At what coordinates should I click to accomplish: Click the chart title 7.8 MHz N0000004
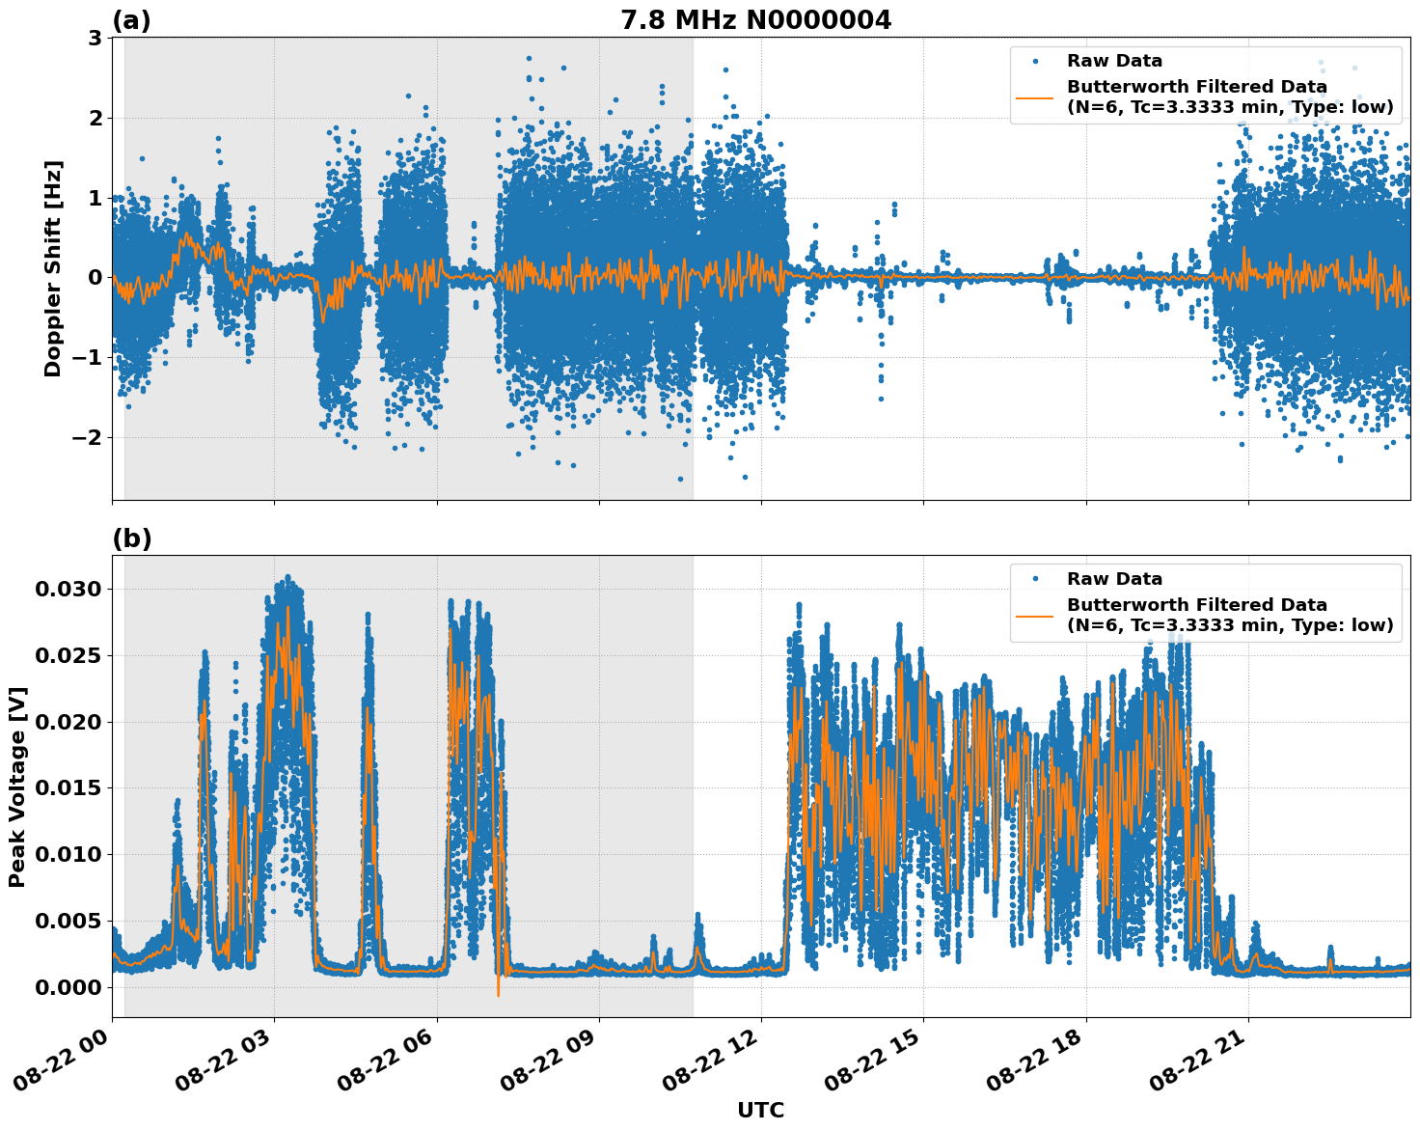pos(755,20)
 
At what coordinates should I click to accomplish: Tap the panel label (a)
pos(131,20)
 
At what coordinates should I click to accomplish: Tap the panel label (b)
pos(131,538)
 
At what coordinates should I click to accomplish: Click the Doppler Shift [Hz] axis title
pos(53,268)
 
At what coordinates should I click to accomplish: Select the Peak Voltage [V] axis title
pos(17,786)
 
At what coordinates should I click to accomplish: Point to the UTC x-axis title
pos(760,1110)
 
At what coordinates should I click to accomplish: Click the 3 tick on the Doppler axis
pos(95,39)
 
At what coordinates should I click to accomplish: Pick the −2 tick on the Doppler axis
pos(85,438)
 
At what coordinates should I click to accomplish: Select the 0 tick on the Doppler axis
pos(95,278)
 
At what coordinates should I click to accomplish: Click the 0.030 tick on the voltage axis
pos(68,589)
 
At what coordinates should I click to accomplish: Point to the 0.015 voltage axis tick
pos(68,788)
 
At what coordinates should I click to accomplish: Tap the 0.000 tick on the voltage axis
pos(68,987)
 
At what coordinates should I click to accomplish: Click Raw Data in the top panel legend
pos(1114,61)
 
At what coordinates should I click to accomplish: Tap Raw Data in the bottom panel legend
pos(1114,579)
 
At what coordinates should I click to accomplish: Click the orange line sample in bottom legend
pos(1035,615)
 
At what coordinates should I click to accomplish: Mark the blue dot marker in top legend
pos(1035,61)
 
